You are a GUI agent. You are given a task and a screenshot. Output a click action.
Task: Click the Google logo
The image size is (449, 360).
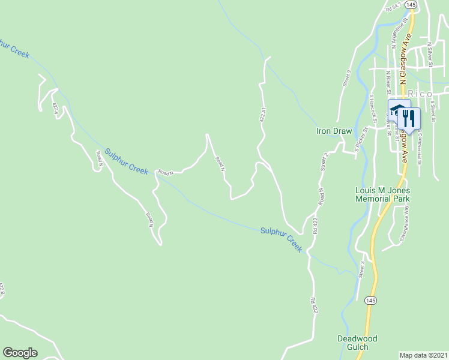pos(20,353)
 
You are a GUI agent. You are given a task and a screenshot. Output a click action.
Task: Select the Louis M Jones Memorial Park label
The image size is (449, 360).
pos(382,194)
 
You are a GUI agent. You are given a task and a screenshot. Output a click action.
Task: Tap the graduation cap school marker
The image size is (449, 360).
pos(397,110)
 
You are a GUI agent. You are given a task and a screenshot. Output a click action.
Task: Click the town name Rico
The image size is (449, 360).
pos(420,94)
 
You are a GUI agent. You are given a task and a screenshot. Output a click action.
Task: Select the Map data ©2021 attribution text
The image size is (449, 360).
pos(424,355)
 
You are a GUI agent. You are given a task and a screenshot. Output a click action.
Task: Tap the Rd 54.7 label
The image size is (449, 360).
pos(394,8)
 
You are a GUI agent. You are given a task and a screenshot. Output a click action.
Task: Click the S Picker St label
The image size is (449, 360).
pos(361,139)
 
